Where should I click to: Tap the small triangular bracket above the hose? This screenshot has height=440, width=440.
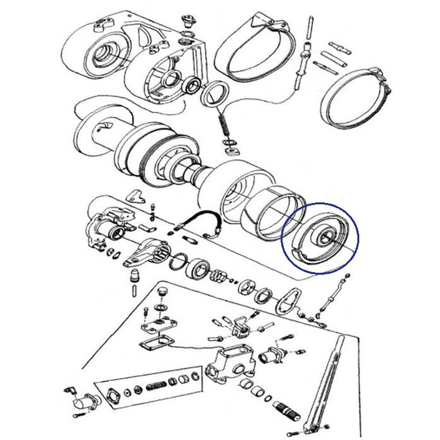tap(137, 197)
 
